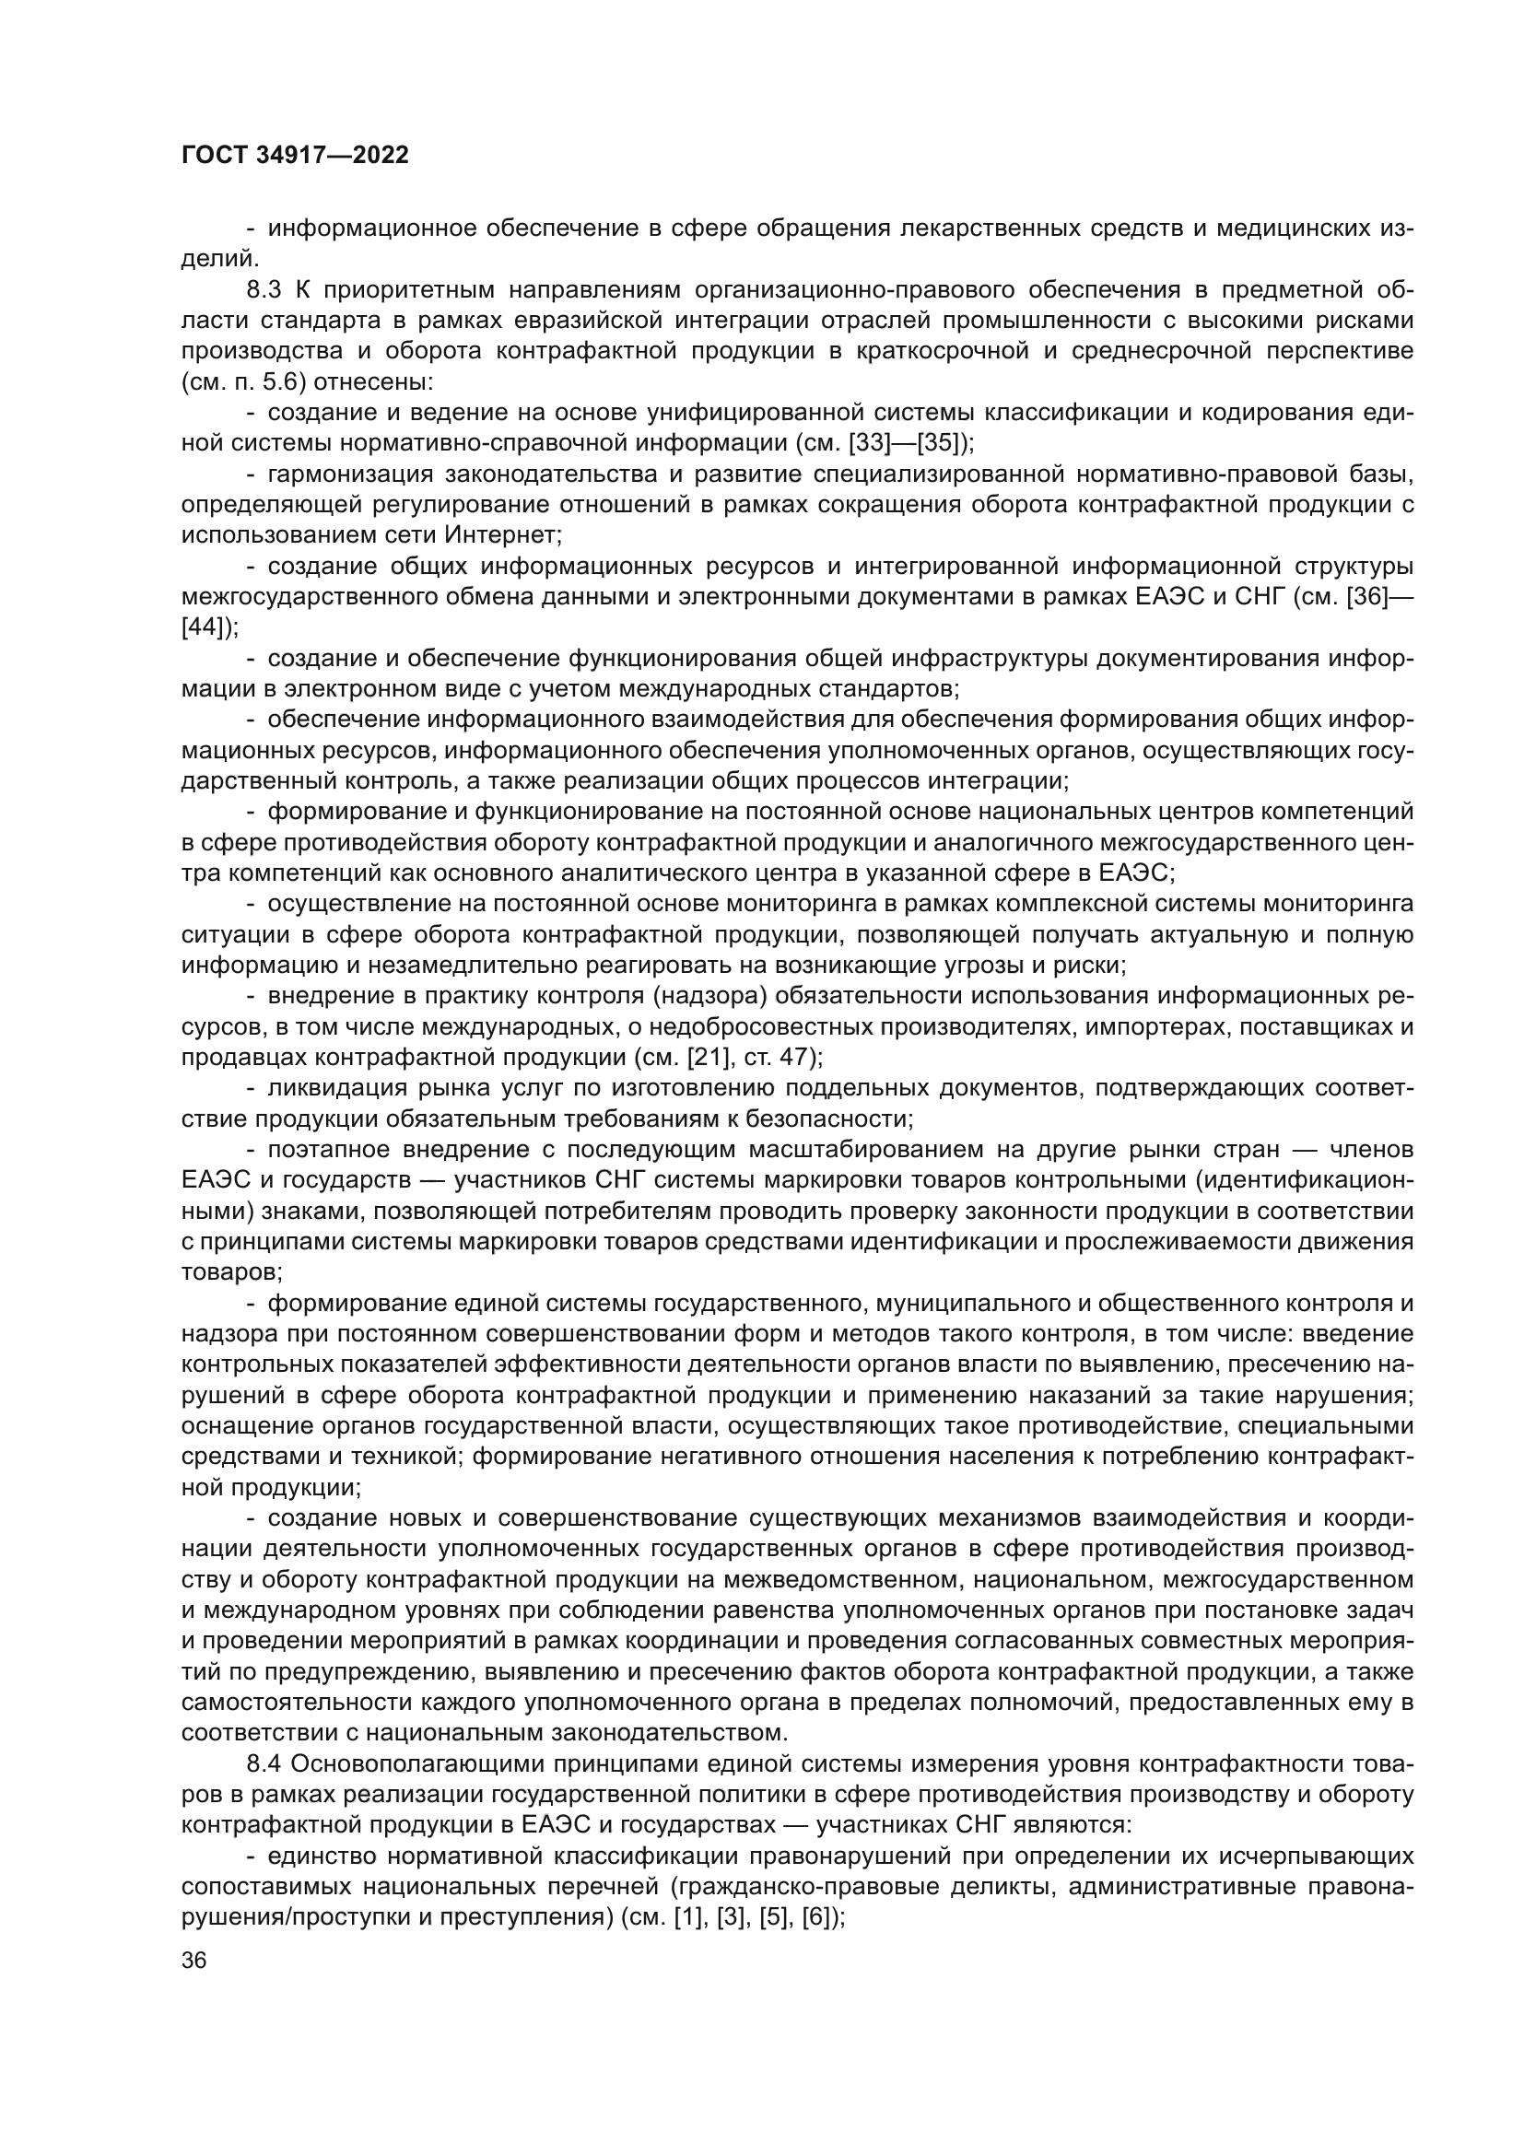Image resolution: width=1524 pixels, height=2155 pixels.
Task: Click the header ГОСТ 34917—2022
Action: tap(295, 156)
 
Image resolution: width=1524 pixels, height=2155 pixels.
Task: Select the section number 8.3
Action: tap(265, 289)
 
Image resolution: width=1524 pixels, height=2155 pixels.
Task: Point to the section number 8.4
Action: tap(265, 1763)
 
